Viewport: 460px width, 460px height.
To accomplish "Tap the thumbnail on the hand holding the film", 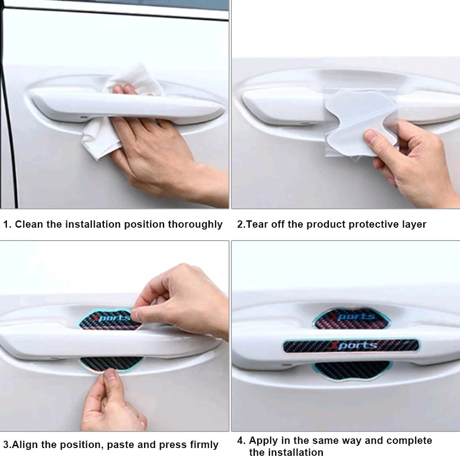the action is (x=371, y=136).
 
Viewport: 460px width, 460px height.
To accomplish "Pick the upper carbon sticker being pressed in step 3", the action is (x=109, y=320).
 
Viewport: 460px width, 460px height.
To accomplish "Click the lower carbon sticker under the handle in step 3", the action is (x=111, y=364).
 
